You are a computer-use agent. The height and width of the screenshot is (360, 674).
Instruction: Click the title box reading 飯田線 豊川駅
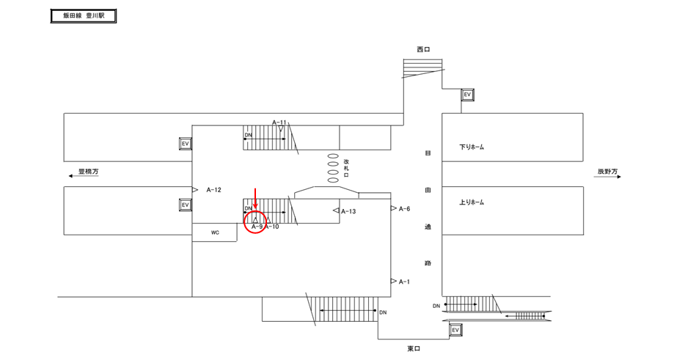click(84, 16)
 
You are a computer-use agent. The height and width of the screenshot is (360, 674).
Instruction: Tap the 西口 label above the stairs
click(423, 49)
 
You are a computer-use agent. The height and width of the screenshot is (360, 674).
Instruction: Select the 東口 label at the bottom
click(414, 349)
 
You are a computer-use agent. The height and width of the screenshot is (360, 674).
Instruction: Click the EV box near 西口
click(467, 95)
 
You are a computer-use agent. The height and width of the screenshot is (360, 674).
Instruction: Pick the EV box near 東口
click(455, 330)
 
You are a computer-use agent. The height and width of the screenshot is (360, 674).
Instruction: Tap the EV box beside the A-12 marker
click(186, 205)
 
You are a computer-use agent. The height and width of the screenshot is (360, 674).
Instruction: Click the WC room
click(214, 232)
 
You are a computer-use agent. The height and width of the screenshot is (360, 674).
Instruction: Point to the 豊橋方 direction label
click(88, 172)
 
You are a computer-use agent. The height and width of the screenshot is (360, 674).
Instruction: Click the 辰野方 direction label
click(607, 172)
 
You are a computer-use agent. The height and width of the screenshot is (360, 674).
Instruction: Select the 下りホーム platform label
click(472, 147)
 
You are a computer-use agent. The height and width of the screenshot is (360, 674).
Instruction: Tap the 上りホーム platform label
click(472, 202)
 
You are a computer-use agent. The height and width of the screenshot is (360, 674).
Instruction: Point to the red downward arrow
click(255, 199)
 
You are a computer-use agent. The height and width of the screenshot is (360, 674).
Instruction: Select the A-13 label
click(348, 211)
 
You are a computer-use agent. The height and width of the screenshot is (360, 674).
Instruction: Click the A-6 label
click(405, 209)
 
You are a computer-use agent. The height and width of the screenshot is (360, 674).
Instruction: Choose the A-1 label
click(405, 282)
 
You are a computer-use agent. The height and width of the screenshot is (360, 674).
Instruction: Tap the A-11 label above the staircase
click(279, 122)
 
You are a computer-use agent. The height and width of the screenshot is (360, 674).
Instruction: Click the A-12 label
click(213, 190)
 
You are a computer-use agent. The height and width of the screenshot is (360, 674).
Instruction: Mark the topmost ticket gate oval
click(333, 156)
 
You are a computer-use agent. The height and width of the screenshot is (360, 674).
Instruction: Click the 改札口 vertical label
click(346, 168)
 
